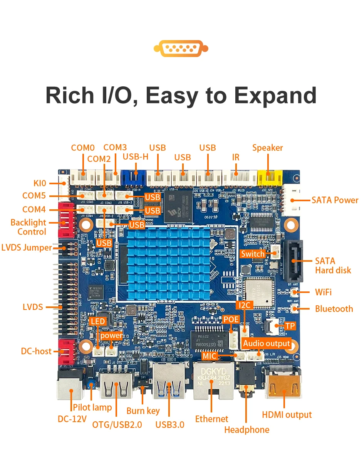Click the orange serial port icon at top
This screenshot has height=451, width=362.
point(181,49)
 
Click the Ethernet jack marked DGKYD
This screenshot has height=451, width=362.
point(211,380)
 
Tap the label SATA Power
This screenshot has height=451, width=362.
point(335,200)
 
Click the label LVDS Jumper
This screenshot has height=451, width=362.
point(27,247)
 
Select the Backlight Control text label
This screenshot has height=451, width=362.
point(28,227)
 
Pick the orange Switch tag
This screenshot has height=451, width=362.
point(253,254)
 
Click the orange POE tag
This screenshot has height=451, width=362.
point(231,319)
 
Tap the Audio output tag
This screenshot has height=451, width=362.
point(266,343)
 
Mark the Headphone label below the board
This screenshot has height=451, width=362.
point(246,429)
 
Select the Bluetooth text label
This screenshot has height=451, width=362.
point(334,309)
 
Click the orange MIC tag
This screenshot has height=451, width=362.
point(210,355)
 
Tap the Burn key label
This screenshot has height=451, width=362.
point(143,411)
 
